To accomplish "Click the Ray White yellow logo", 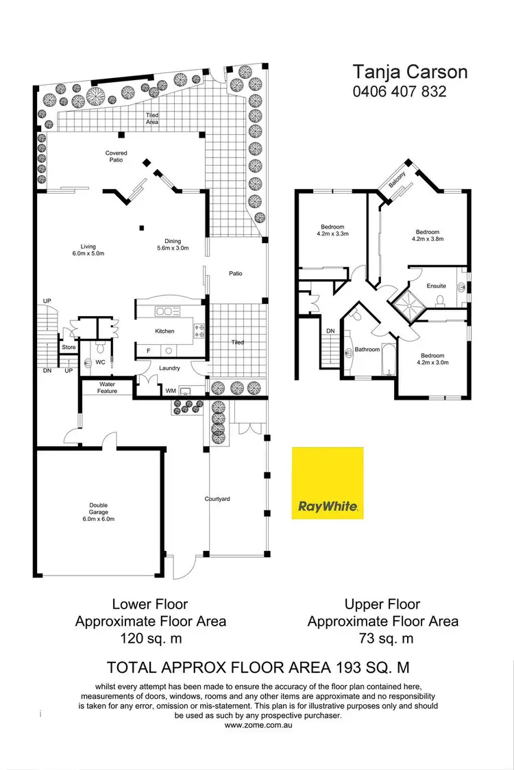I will click(x=328, y=483).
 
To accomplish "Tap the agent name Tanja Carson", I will click(x=400, y=72).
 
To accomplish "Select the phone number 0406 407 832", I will click(x=400, y=90).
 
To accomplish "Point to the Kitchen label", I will click(x=164, y=331).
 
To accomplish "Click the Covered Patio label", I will click(x=116, y=157).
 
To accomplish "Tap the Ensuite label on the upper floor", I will click(x=437, y=286).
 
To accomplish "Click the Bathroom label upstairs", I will click(x=367, y=350).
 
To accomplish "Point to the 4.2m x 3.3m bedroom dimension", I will click(x=332, y=234).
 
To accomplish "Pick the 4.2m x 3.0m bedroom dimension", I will click(x=432, y=363).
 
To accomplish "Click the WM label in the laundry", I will click(x=171, y=391).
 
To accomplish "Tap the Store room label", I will click(x=69, y=348).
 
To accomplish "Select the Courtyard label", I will click(x=217, y=499).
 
